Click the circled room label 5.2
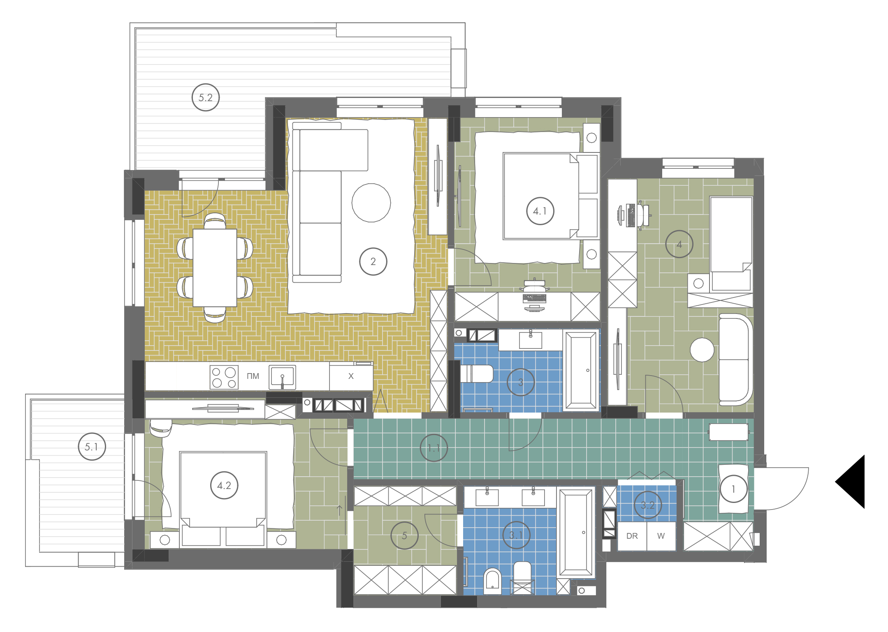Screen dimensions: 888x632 pos(206,97)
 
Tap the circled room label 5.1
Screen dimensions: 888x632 pos(92,447)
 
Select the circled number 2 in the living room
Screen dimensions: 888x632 pos(373,261)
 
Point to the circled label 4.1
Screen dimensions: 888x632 pos(540,211)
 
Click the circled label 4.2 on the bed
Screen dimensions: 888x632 pos(224,485)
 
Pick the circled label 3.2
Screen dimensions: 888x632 pos(648,505)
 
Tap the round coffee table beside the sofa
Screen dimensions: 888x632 pos(371,203)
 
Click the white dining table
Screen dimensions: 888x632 pos(215,268)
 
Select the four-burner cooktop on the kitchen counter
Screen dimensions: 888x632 pos(224,377)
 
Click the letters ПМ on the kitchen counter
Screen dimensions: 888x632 pos(253,376)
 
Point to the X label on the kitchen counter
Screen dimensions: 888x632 pos(351,376)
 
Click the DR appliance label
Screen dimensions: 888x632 pos(632,536)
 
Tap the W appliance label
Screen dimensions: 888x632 pos(661,536)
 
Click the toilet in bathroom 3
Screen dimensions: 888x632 pos(477,374)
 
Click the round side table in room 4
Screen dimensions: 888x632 pos(702,350)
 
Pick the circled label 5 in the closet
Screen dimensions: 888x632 pos(404,535)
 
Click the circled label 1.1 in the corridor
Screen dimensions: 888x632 pos(434,448)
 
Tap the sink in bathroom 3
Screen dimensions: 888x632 pos(531,340)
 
